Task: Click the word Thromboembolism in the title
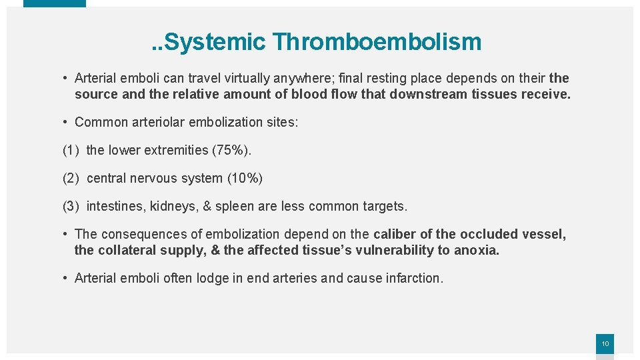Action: (377, 42)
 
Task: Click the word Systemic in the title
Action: (214, 42)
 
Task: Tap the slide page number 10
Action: (605, 344)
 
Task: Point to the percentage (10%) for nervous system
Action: (245, 178)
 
